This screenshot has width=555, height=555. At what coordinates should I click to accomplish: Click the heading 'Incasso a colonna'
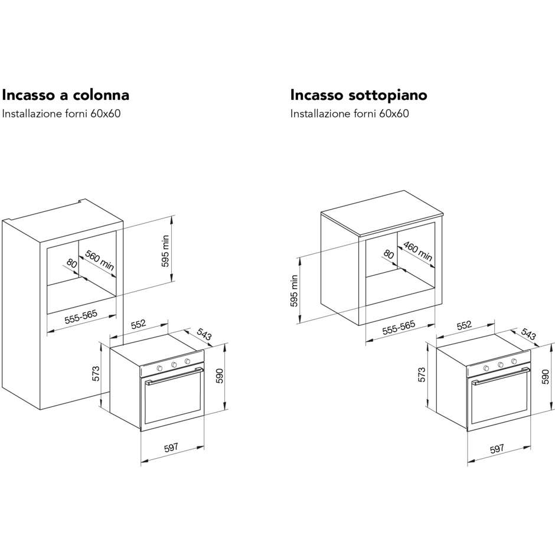pyautogui.click(x=66, y=95)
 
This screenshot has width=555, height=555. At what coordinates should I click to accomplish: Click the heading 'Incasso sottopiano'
pyautogui.click(x=358, y=95)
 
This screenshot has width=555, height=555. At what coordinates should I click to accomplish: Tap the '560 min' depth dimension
pyautogui.click(x=100, y=260)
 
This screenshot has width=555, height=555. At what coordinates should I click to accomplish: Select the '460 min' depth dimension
pyautogui.click(x=418, y=252)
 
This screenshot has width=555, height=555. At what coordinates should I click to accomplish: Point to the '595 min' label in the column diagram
pyautogui.click(x=165, y=251)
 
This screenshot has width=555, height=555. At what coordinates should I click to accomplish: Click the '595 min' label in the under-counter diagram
pyautogui.click(x=294, y=291)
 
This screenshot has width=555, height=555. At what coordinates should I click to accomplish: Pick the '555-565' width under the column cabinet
pyautogui.click(x=81, y=317)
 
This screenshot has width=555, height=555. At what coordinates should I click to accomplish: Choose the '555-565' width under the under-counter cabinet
pyautogui.click(x=399, y=328)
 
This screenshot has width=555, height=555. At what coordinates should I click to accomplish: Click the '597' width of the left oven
pyautogui.click(x=171, y=448)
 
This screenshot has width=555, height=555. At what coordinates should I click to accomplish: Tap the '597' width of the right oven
pyautogui.click(x=497, y=449)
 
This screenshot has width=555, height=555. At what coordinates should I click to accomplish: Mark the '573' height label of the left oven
pyautogui.click(x=96, y=374)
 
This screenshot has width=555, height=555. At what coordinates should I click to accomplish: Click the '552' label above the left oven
pyautogui.click(x=138, y=324)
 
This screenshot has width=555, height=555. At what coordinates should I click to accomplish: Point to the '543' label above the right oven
pyautogui.click(x=528, y=334)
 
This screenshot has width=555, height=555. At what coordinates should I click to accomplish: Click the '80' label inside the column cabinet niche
pyautogui.click(x=71, y=263)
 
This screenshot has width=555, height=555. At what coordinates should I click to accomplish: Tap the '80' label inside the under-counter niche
pyautogui.click(x=389, y=254)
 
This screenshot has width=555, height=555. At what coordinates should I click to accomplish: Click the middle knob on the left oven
pyautogui.click(x=174, y=365)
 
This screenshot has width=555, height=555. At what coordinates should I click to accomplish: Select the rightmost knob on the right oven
pyautogui.click(x=513, y=361)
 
